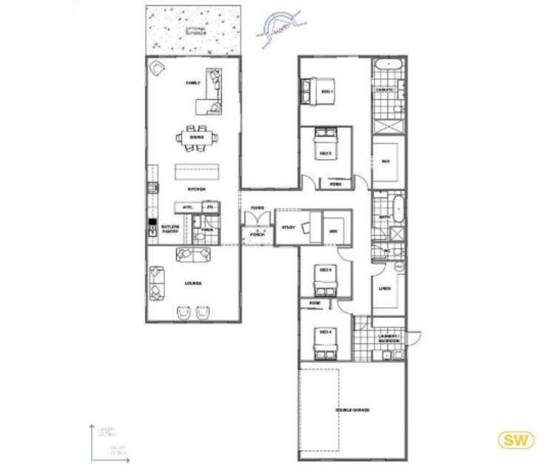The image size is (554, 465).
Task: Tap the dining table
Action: tap(197, 137)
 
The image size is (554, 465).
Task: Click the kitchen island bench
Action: tap(197, 173)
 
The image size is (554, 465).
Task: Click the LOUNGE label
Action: tap(194, 284)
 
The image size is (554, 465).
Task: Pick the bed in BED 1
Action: tap(308, 91)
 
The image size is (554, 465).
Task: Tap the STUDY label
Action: tap(288, 228)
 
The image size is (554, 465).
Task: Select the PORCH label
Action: tap(257, 234)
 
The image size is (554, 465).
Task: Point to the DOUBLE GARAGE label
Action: tap(352, 409)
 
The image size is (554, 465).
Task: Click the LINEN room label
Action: tap(385, 288)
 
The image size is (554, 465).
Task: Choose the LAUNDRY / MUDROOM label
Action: tap(389, 338)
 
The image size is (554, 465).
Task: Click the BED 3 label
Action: tap(323, 270)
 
